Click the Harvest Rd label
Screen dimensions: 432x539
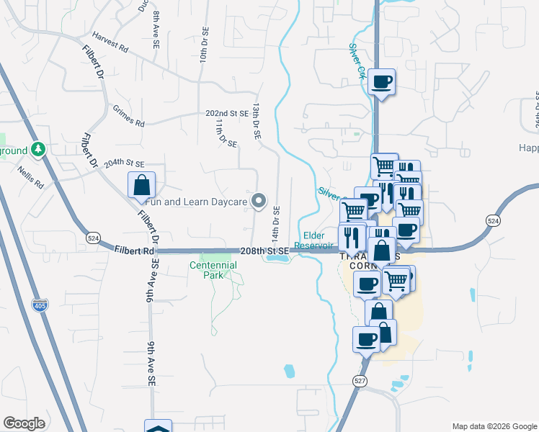point(110,42)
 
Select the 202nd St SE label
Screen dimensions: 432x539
point(226,114)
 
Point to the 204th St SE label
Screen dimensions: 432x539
point(124,164)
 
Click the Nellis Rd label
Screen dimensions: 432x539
point(32,180)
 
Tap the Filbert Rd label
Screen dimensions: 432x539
point(134,251)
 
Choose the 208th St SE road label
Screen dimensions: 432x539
point(264,251)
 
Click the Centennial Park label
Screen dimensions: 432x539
point(213,270)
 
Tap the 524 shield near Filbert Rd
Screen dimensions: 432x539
point(92,237)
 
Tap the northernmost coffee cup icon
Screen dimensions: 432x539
point(381,81)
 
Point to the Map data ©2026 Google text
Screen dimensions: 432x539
point(494,426)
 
